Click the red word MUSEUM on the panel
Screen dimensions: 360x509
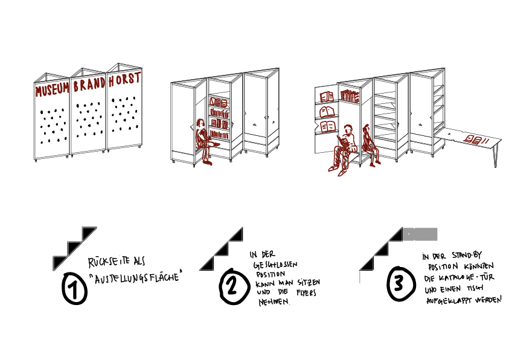52,91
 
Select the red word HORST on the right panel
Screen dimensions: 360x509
124,79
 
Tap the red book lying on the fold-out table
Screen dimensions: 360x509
473,140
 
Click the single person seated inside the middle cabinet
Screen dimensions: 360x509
202,140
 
